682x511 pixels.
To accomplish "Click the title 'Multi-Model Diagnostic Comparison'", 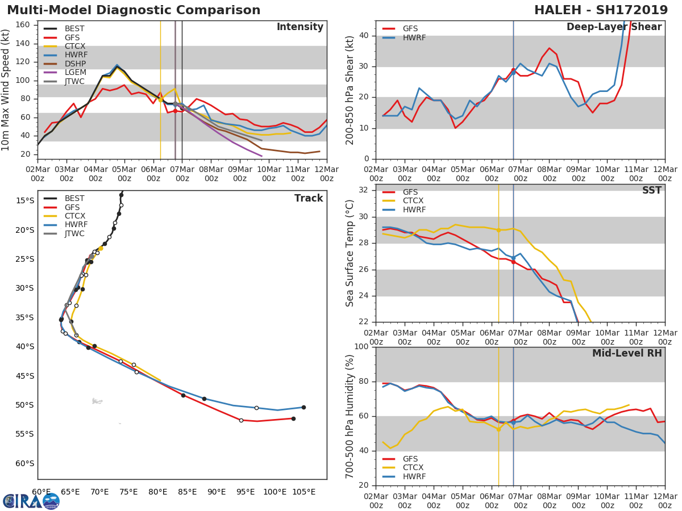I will coord(134,10).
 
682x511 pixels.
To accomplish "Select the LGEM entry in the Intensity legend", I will coord(74,73).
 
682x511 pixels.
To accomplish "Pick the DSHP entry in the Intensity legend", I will coord(74,64).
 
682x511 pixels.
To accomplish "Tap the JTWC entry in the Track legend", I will coord(74,233).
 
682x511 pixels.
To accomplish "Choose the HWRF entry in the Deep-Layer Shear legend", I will coord(414,37).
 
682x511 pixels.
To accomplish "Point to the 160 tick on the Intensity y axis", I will coord(23,24).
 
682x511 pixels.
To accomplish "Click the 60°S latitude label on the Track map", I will coord(24,463).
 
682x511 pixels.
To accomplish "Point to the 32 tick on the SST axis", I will coord(363,190).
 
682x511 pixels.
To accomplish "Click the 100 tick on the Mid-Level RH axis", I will coord(360,347).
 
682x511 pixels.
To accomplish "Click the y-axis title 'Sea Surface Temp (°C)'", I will coord(350,253).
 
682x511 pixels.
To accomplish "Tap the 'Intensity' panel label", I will coord(300,27).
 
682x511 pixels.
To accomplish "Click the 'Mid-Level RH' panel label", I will coord(627,353).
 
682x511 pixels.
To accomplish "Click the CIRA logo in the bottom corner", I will coord(31,501).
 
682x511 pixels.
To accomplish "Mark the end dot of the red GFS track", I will coord(293,418).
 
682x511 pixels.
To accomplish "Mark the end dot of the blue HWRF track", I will coord(303,407).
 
